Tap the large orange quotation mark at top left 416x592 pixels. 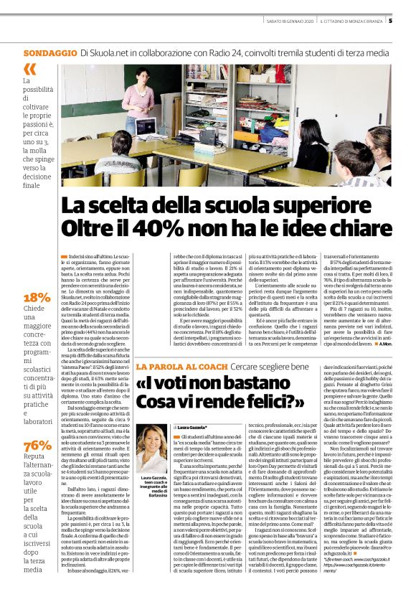(29, 69)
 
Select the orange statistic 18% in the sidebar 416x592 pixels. (37, 298)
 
